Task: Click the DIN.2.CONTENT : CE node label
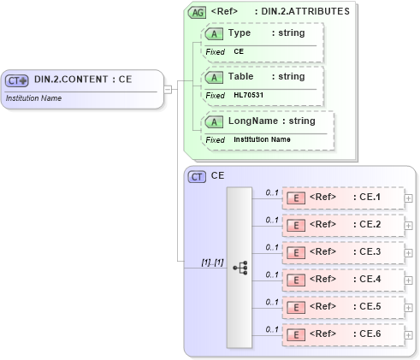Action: coord(82,80)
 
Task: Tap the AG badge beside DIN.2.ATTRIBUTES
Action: coord(197,12)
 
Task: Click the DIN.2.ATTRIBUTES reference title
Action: coord(281,12)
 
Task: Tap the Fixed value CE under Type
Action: coord(240,51)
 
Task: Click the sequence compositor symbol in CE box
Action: coord(240,267)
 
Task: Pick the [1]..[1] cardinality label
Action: coord(212,262)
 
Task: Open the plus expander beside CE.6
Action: coord(409,334)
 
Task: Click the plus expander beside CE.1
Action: coord(409,198)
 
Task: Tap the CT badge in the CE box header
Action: coord(197,175)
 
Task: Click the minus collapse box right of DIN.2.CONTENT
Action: coord(169,88)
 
